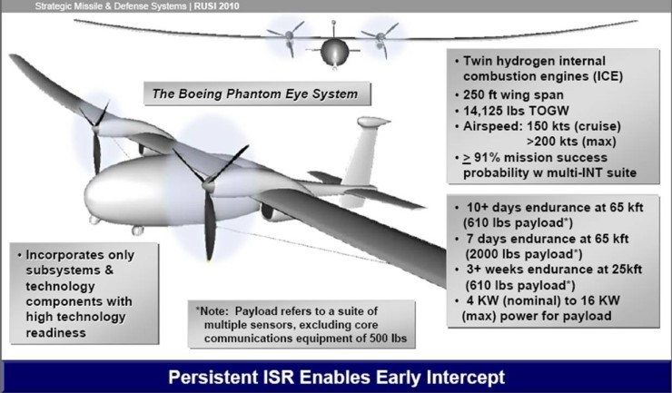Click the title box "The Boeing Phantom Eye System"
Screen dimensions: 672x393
(x=257, y=93)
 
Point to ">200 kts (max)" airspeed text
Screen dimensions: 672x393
(x=571, y=142)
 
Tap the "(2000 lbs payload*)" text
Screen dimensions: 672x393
(x=524, y=254)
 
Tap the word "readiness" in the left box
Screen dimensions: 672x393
(x=55, y=332)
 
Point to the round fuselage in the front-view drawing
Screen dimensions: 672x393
(x=335, y=52)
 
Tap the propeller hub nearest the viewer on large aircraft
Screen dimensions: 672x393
(x=208, y=185)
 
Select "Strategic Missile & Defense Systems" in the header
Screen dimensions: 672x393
(x=111, y=6)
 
